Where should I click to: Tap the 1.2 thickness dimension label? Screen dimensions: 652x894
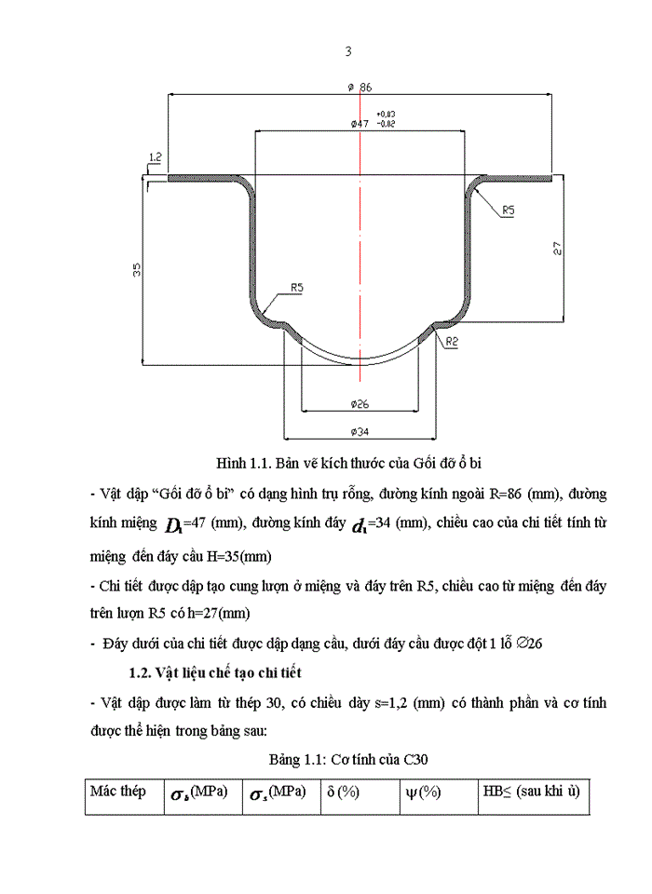tap(155, 157)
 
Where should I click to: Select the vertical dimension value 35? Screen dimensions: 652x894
tap(136, 271)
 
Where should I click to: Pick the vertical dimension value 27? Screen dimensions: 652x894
tap(557, 248)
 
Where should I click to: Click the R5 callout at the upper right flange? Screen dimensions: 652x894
tap(508, 211)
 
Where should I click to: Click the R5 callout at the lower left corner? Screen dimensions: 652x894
tap(296, 288)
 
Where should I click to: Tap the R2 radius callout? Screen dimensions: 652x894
tap(452, 342)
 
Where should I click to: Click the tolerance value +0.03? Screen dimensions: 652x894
tap(386, 115)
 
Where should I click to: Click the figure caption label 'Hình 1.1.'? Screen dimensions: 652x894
tap(243, 462)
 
